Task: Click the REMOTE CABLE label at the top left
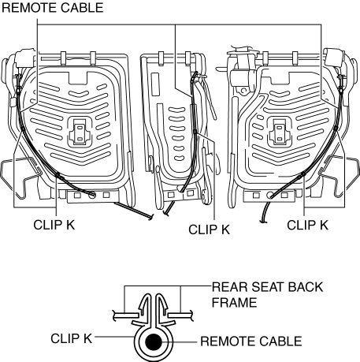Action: pyautogui.click(x=53, y=8)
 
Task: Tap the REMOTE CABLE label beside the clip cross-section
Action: pyautogui.click(x=251, y=341)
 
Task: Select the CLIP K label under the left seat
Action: pyautogui.click(x=54, y=225)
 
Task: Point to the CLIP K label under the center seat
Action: pyautogui.click(x=209, y=230)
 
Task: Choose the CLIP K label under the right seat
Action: pyautogui.click(x=307, y=226)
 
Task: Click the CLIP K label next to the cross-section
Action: pyautogui.click(x=72, y=338)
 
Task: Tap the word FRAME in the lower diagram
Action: pyautogui.click(x=234, y=302)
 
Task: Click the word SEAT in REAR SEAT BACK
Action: pyautogui.click(x=267, y=287)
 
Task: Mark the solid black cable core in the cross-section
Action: pyautogui.click(x=154, y=342)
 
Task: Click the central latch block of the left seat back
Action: pyautogui.click(x=80, y=131)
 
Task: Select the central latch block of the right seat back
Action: pyautogui.click(x=280, y=131)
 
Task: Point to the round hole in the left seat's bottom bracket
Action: pyautogui.click(x=92, y=195)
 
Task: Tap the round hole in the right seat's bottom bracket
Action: pyautogui.click(x=270, y=195)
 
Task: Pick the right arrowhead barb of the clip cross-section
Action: pyautogui.click(x=164, y=306)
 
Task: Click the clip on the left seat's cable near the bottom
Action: pyautogui.click(x=60, y=177)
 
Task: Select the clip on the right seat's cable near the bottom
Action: pyautogui.click(x=302, y=174)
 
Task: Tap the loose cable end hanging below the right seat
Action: pyautogui.click(x=264, y=213)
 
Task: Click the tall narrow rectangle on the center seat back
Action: pyautogui.click(x=155, y=84)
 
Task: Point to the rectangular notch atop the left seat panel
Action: pyautogui.click(x=78, y=78)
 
